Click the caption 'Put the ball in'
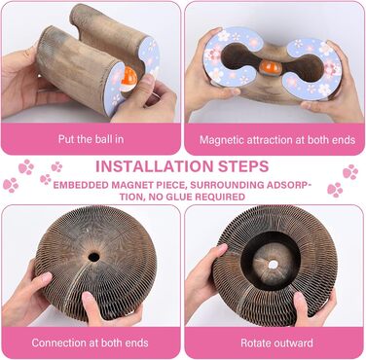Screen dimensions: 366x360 (x=91, y=139)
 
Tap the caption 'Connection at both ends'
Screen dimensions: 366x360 (x=90, y=342)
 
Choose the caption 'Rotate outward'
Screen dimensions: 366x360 (x=276, y=342)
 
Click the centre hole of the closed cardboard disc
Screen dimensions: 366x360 (x=93, y=257)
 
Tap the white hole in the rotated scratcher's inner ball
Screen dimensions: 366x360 (x=274, y=265)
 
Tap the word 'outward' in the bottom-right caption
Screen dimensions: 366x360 (x=293, y=342)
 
